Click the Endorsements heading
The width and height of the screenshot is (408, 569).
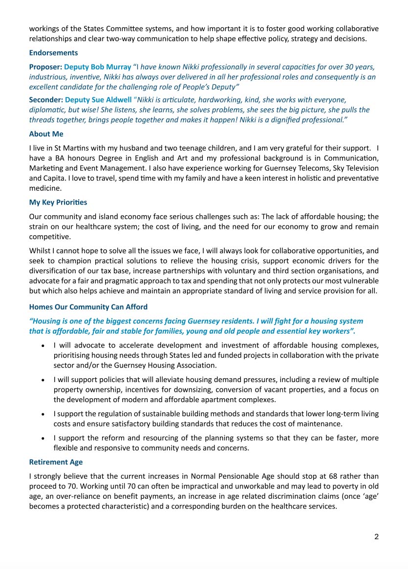(x=53, y=53)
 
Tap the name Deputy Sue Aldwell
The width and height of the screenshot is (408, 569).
(x=98, y=100)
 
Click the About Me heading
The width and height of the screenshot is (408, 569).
(x=46, y=134)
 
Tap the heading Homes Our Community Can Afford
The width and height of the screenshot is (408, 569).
(x=88, y=307)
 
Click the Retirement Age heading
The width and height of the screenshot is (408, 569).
(x=56, y=462)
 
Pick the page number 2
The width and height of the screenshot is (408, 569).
(x=376, y=537)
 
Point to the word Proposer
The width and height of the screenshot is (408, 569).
(x=44, y=66)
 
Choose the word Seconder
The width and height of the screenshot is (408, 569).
(x=45, y=100)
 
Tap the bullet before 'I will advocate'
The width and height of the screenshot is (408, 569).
(x=43, y=345)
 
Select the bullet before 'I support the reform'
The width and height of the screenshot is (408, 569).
(x=43, y=438)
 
